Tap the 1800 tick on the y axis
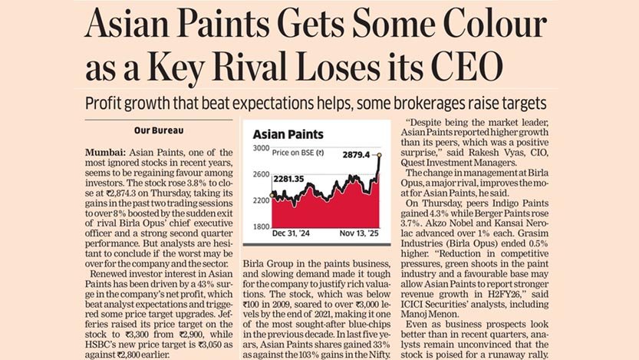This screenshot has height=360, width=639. [x=261, y=226]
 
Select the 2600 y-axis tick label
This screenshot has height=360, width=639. [x=261, y=173]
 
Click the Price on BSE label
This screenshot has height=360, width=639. [x=298, y=151]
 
